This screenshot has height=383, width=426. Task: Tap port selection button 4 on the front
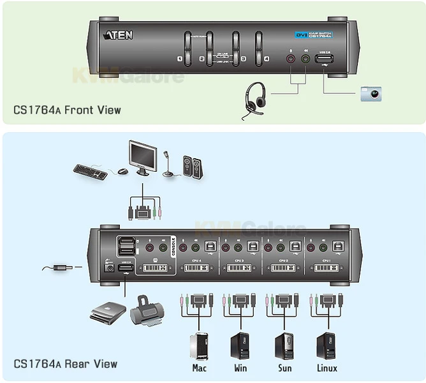[259, 48]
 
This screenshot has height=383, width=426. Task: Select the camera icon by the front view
[371, 94]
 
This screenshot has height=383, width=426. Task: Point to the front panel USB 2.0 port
[325, 61]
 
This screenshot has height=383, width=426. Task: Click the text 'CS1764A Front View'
[67, 110]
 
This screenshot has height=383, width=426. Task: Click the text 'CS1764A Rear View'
[65, 364]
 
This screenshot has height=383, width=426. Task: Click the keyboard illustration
[90, 171]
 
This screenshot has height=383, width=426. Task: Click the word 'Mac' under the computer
[199, 368]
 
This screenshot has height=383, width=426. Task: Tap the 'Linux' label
[326, 368]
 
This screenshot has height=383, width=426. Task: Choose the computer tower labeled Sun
[283, 345]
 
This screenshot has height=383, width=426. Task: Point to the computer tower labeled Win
[240, 345]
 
